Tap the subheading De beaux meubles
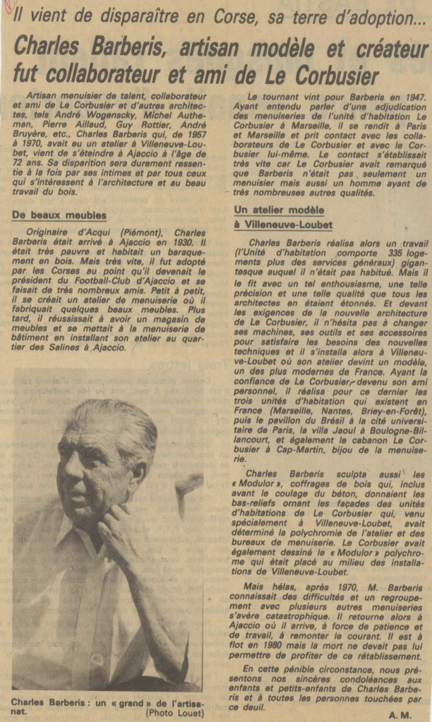pyautogui.click(x=59, y=215)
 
